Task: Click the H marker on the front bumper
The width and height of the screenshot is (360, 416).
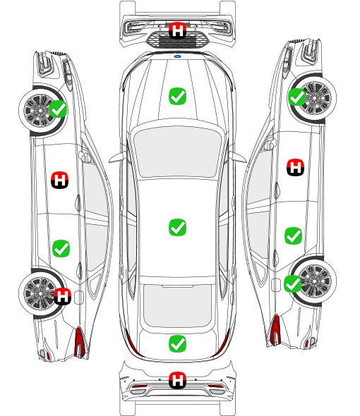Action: tap(177, 30)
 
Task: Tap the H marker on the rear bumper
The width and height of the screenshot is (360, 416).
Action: tap(177, 380)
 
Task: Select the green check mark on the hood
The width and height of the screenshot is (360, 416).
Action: tap(177, 96)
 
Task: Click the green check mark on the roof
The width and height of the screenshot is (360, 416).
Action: tap(177, 227)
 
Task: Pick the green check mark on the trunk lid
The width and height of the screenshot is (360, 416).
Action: tap(177, 344)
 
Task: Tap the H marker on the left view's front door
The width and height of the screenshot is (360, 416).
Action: tap(60, 180)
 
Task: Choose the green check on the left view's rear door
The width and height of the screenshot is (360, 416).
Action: tap(61, 248)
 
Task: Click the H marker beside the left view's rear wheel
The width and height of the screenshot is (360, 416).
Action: tap(62, 296)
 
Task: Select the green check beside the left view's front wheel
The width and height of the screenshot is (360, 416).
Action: tap(59, 109)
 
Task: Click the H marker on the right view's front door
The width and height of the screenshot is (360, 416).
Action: tap(296, 167)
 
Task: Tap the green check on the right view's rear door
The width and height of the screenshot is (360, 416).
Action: tap(294, 235)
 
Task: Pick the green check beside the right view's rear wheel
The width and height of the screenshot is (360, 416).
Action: tap(293, 283)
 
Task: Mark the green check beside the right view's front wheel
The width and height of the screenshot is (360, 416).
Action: tap(297, 97)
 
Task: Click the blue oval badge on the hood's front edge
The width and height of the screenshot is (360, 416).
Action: tap(177, 56)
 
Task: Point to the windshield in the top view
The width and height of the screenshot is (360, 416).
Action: tap(177, 152)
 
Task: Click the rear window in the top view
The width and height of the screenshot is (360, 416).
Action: tap(177, 305)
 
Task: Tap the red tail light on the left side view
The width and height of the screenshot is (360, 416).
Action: tap(80, 342)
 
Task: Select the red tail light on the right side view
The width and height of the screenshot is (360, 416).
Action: tap(275, 329)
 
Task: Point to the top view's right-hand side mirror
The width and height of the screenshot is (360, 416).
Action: tap(238, 157)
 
